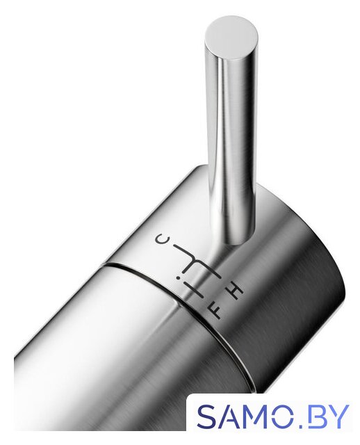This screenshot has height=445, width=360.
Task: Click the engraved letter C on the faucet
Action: click(162, 239)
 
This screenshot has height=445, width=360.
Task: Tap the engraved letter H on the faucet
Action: click(236, 290)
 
